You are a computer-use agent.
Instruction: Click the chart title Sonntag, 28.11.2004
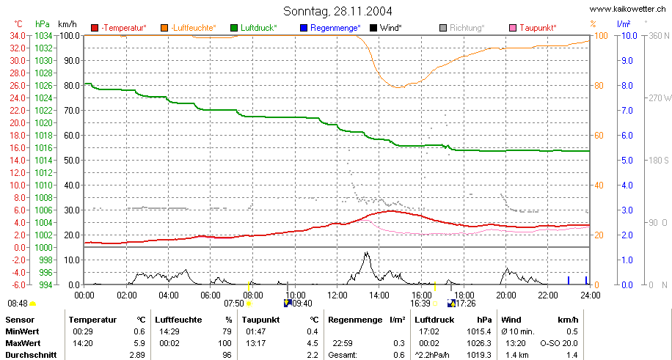tap(337, 11)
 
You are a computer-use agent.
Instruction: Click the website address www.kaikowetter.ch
tap(628, 9)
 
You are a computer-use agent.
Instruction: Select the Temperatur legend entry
tap(119, 29)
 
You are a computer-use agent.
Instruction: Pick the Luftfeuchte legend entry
tap(188, 29)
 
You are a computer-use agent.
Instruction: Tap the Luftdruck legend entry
tap(254, 29)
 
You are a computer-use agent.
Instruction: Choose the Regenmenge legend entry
tap(330, 29)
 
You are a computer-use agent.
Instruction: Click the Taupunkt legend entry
tap(533, 29)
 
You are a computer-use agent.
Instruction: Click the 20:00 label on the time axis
tap(505, 295)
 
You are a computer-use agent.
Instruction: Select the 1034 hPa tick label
tap(44, 36)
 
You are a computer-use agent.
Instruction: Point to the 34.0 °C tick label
tap(20, 36)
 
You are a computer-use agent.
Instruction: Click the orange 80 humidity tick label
tap(600, 86)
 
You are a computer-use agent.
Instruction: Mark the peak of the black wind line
tap(366, 252)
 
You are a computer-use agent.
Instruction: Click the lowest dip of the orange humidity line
tap(398, 87)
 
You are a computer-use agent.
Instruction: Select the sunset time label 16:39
tap(419, 304)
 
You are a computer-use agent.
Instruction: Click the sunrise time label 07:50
tap(233, 304)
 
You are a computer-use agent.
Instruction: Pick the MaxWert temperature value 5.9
tap(139, 343)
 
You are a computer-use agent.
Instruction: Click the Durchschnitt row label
tap(29, 356)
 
